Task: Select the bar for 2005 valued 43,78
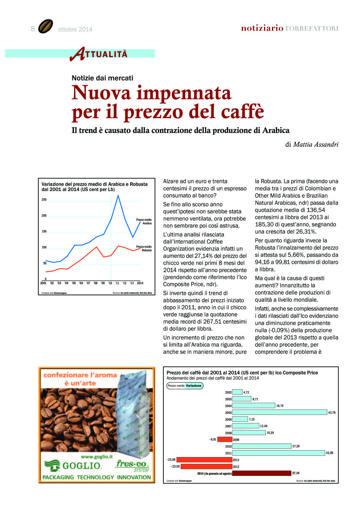tap(280, 412)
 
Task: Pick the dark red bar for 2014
tap(261, 473)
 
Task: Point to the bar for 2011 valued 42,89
tap(278, 453)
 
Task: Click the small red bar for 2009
tap(224, 439)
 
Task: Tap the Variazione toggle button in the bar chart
tap(195, 385)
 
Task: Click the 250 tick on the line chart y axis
tap(44, 199)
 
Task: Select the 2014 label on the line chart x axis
tap(140, 283)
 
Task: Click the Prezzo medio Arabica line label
tap(144, 222)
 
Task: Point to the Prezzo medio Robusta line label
tap(144, 248)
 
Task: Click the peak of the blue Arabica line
tap(118, 195)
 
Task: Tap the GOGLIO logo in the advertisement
tap(73, 465)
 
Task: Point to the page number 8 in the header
tap(32, 29)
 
